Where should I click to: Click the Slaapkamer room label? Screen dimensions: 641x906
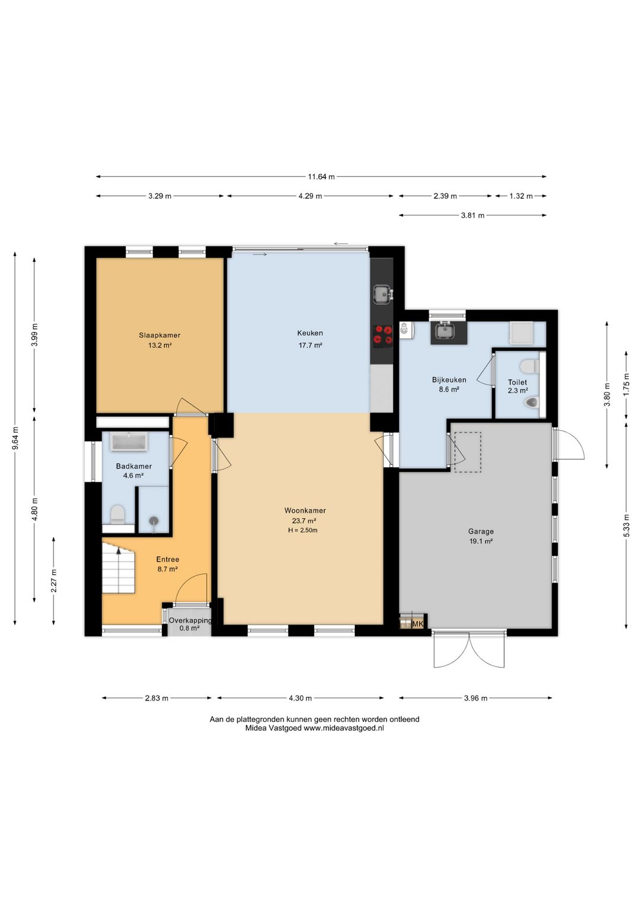[159, 335]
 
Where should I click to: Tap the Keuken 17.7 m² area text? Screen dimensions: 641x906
[310, 346]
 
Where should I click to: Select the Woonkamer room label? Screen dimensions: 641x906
[305, 511]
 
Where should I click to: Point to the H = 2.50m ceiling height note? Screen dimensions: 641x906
[303, 530]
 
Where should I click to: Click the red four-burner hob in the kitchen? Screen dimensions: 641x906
[382, 336]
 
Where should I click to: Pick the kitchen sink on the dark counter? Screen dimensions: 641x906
[382, 294]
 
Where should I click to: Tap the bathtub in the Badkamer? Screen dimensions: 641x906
[129, 441]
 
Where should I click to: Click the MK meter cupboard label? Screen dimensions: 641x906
[418, 625]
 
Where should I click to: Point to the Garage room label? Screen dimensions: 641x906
[481, 531]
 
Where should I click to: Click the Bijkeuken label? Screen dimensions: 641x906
[449, 380]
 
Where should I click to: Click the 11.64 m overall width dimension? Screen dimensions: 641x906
[321, 176]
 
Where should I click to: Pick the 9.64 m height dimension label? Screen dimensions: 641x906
[15, 438]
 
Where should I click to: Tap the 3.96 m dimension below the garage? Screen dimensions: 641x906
[475, 698]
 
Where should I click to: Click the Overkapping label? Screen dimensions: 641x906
[190, 620]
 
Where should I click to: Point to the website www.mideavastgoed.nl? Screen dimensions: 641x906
[343, 728]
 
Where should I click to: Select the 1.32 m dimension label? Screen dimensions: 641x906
[521, 196]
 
